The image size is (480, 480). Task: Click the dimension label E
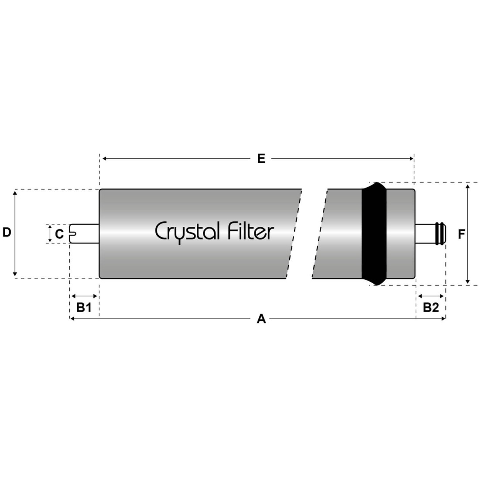pos(261,158)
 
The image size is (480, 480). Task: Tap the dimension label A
pos(261,319)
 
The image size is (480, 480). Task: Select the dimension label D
pos(7,232)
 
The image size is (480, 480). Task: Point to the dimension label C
pos(59,234)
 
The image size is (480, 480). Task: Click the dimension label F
pos(461,234)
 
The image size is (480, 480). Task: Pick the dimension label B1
pos(84,307)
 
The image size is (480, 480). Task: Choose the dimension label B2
pos(431,307)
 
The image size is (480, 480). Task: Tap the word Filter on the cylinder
pos(251,231)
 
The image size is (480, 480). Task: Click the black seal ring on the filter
pos(374,233)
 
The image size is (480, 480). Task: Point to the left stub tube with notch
pos(84,234)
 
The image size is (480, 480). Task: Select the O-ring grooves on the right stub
pos(441,234)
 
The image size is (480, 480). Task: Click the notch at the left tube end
pos(73,234)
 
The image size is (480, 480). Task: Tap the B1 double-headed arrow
pos(84,296)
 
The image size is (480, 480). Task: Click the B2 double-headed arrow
pos(431,296)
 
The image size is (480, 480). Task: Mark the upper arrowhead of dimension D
pos(15,192)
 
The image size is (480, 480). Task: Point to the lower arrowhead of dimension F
pos(467,281)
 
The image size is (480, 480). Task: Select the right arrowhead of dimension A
pos(443,319)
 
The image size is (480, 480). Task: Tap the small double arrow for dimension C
pos(50,234)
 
